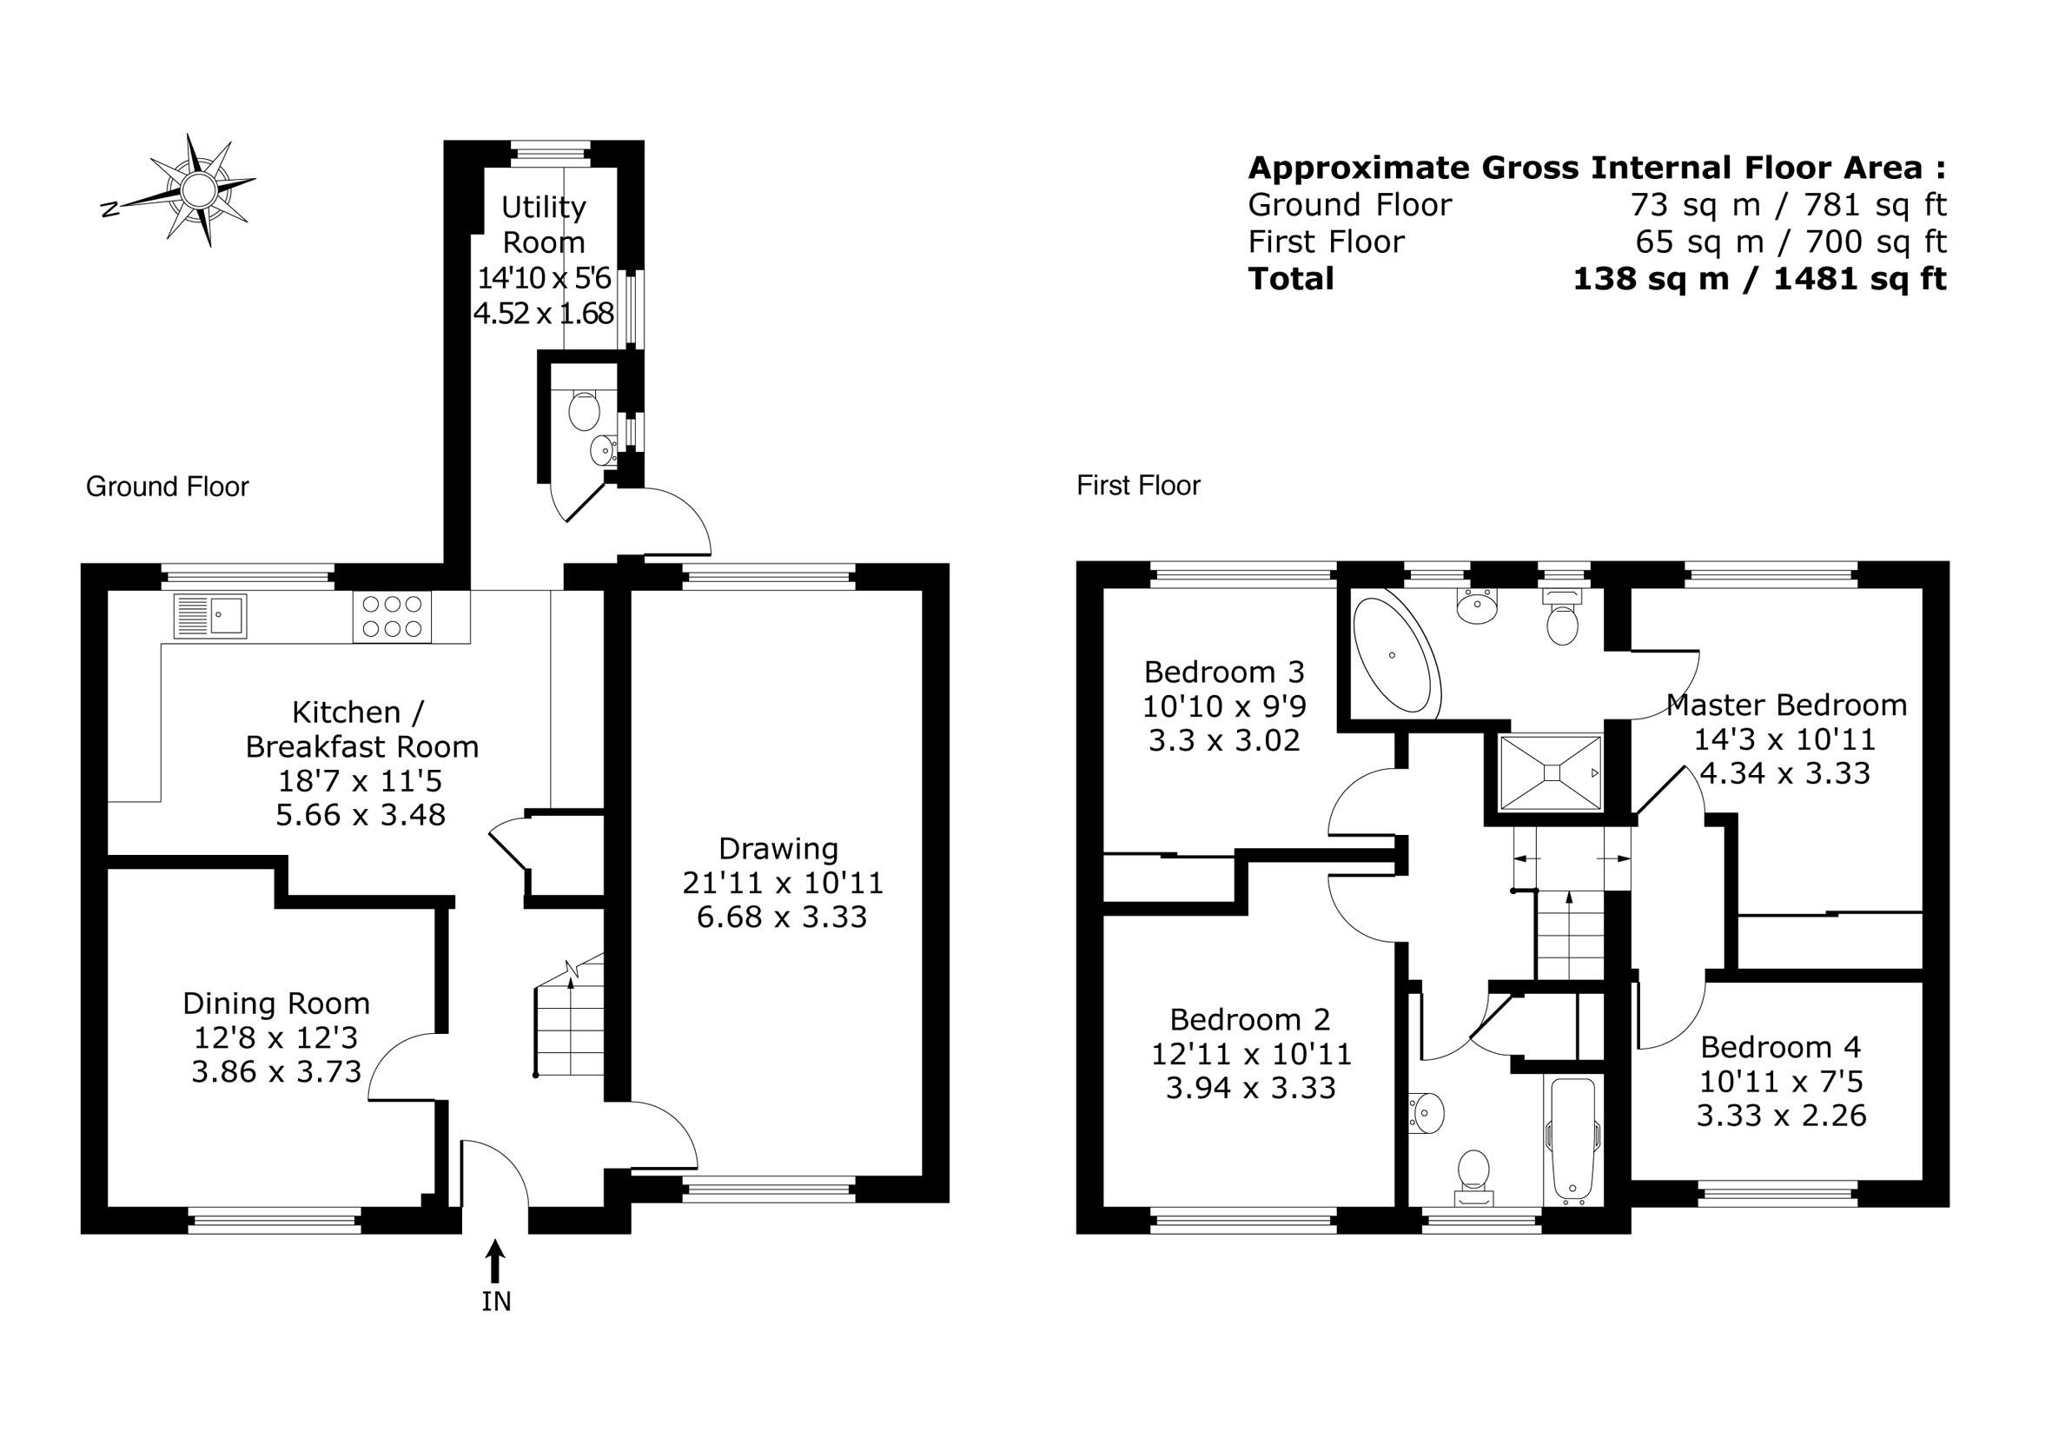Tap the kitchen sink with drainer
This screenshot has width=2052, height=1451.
tap(211, 616)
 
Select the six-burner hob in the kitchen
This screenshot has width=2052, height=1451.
tap(393, 617)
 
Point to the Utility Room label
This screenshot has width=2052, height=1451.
tap(543, 224)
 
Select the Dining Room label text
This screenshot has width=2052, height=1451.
tap(276, 1003)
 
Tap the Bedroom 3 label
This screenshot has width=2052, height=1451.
tap(1224, 672)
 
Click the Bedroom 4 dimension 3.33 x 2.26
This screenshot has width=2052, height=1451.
tap(1781, 1116)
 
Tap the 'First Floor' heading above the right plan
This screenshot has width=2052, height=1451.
tap(1139, 487)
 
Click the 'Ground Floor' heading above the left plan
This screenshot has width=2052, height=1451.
tap(167, 487)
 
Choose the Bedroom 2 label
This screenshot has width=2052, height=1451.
tap(1250, 1019)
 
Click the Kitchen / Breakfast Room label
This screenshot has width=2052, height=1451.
tap(361, 730)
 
